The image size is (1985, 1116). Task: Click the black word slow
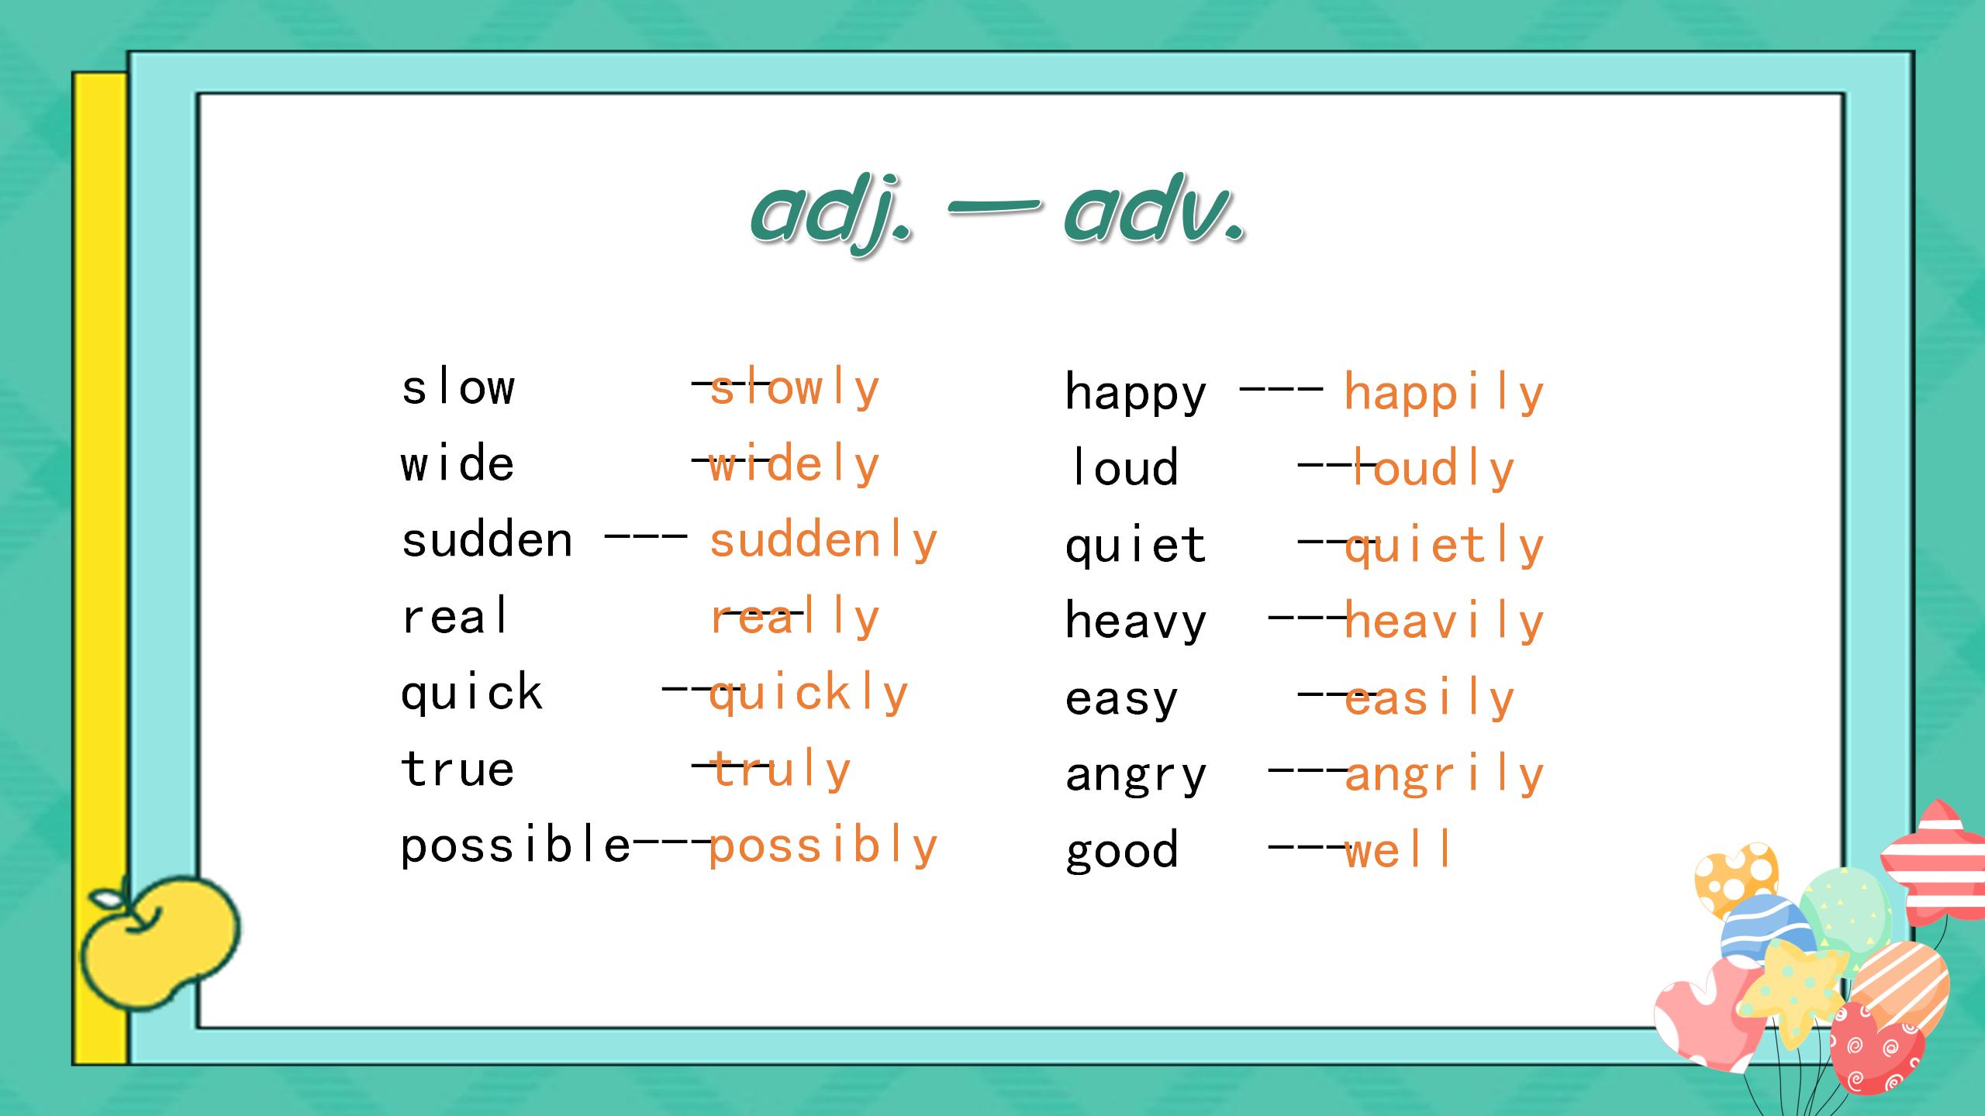pos(457,387)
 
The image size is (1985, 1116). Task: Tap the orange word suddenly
pos(823,541)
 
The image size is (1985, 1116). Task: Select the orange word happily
pos(1444,394)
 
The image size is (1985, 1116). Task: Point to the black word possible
pos(516,845)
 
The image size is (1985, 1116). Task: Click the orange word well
pos(1397,850)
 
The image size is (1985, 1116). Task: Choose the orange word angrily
pos(1444,775)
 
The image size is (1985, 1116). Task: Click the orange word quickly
pos(808,694)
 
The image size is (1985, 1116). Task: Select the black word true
pos(457,769)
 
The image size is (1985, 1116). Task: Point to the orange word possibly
pos(823,846)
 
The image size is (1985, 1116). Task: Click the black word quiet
pos(1136,546)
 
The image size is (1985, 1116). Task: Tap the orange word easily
pos(1429,699)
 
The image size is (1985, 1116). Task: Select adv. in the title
pos(1155,209)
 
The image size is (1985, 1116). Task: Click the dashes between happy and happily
pos(1281,390)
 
